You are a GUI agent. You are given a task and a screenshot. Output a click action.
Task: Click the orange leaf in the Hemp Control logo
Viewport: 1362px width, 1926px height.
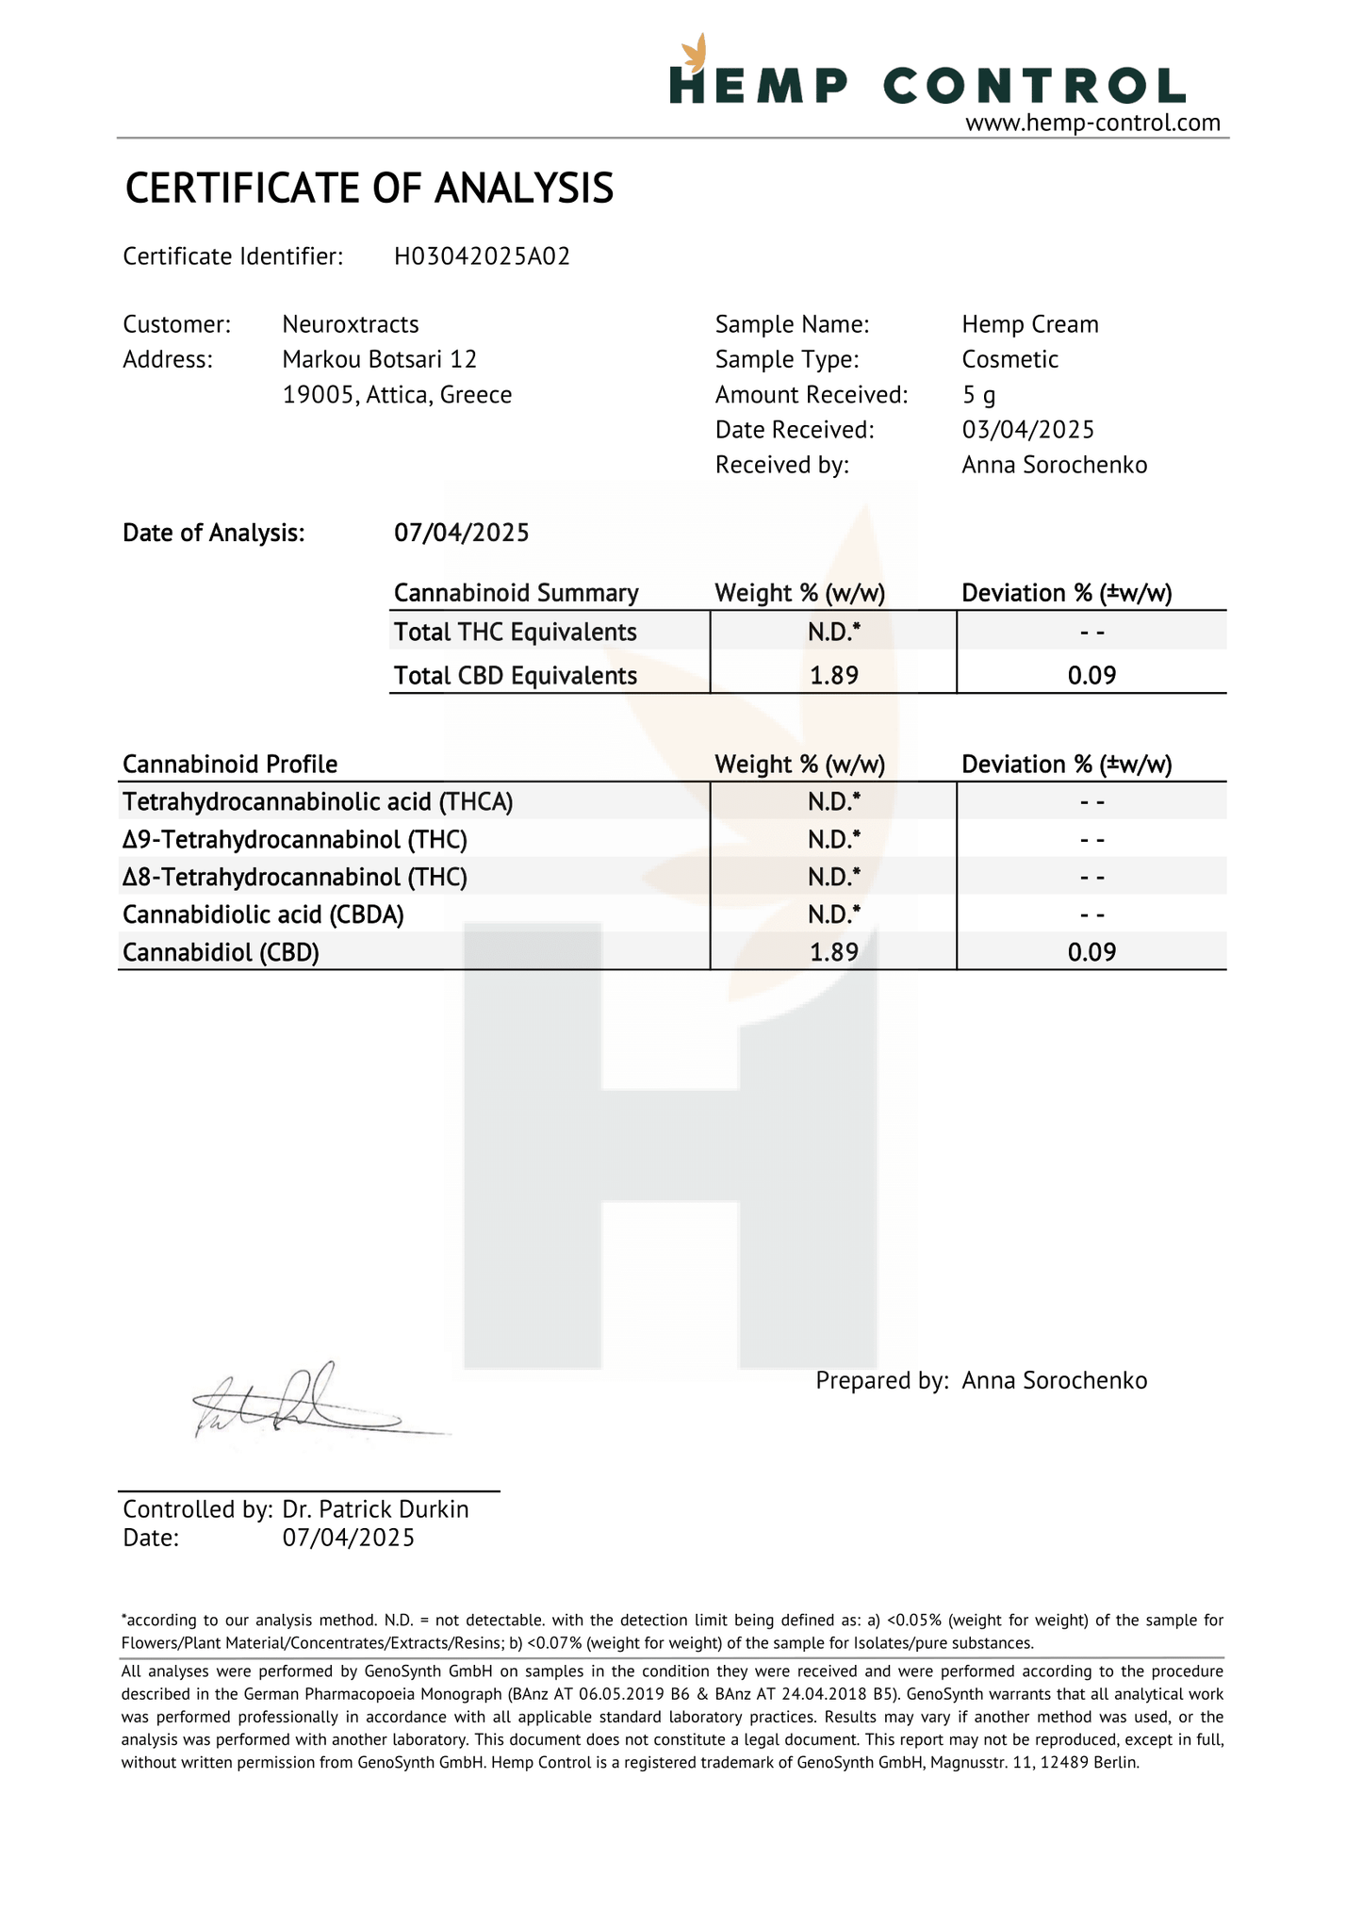[x=696, y=53]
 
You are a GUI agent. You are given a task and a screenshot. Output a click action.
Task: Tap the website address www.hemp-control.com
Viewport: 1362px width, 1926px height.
[x=1092, y=123]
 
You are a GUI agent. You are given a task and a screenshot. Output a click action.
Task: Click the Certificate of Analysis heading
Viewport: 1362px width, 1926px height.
[x=369, y=189]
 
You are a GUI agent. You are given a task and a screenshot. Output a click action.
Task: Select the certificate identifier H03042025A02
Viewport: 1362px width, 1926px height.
[x=482, y=256]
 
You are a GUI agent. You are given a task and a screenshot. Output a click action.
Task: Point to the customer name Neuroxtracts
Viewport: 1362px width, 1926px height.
[x=351, y=324]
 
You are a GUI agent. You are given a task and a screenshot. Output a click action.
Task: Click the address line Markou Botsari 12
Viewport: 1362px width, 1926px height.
[x=380, y=359]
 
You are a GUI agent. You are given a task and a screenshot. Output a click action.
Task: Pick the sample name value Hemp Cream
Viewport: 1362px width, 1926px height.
[x=1030, y=324]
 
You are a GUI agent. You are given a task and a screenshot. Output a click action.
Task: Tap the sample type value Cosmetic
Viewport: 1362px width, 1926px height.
[x=1009, y=359]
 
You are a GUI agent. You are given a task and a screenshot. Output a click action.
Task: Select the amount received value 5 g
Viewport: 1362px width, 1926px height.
[x=978, y=395]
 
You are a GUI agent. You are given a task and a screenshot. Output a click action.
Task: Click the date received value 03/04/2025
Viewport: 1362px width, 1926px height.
[x=1028, y=430]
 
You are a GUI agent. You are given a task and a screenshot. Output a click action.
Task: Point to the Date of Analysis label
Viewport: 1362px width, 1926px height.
[x=214, y=534]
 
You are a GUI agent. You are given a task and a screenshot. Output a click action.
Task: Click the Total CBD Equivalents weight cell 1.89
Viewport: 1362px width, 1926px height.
[x=834, y=676]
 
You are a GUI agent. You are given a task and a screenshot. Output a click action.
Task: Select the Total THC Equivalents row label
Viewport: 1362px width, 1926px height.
[x=515, y=632]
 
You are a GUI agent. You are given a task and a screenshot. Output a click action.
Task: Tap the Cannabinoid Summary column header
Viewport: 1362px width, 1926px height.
[x=516, y=593]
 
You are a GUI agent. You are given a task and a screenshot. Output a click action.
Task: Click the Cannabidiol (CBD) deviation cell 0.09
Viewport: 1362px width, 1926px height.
[x=1091, y=952]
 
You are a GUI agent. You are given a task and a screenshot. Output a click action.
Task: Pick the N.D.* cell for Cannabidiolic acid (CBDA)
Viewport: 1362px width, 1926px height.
[x=834, y=914]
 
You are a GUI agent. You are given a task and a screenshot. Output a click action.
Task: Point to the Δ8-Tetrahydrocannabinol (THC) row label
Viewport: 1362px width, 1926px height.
[x=295, y=878]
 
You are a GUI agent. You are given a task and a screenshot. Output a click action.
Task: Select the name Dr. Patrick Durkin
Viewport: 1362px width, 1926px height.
[x=375, y=1509]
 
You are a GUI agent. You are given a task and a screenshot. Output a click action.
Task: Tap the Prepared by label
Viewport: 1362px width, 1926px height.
[x=881, y=1381]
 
